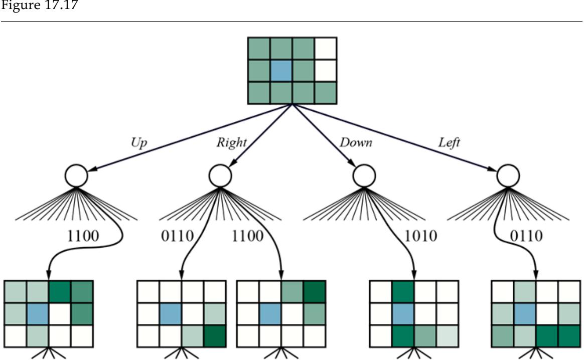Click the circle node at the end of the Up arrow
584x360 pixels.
click(x=76, y=175)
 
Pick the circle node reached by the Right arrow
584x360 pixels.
click(x=220, y=175)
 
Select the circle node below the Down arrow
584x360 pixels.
click(x=363, y=175)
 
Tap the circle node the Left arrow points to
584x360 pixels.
click(x=507, y=175)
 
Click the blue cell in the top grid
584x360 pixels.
click(x=281, y=71)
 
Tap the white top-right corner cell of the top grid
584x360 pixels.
click(x=326, y=49)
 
